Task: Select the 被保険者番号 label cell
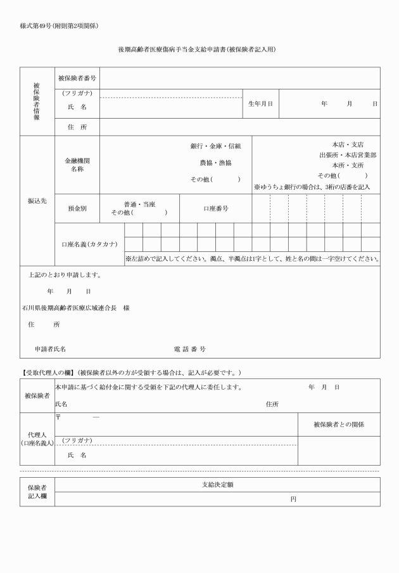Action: (77, 78)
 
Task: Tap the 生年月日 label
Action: (260, 103)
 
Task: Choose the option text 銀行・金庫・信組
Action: (215, 147)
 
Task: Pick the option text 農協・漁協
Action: (215, 162)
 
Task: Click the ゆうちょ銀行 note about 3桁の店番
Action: (312, 187)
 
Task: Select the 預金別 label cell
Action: (77, 208)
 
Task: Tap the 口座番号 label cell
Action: (215, 208)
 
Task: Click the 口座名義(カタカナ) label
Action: (89, 244)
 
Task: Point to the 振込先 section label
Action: (36, 201)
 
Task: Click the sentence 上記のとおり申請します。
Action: (65, 275)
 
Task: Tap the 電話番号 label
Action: (189, 349)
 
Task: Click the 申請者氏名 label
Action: (51, 349)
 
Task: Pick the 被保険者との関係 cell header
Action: (338, 424)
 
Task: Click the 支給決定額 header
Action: (217, 484)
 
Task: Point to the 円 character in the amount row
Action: (293, 499)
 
